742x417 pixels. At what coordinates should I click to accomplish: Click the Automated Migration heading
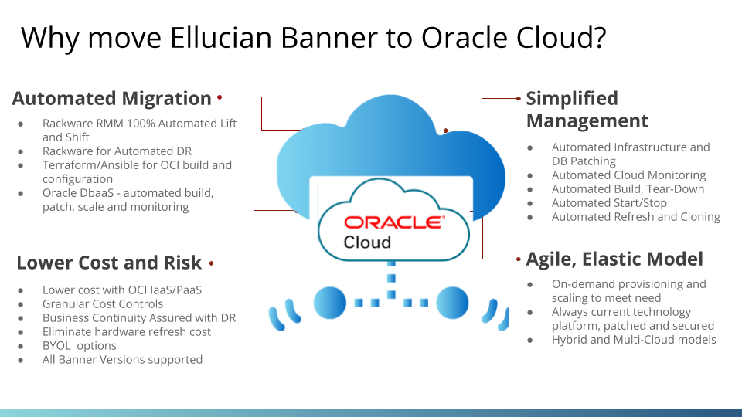[112, 99]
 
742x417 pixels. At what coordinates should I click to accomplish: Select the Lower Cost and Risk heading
[109, 263]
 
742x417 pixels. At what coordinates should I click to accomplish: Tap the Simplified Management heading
[587, 110]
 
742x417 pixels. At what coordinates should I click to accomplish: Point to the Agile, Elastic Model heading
[614, 259]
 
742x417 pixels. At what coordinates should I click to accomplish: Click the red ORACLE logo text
[393, 223]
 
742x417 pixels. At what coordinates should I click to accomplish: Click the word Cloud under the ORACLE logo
[367, 242]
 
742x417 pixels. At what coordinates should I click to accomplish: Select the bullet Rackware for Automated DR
[117, 151]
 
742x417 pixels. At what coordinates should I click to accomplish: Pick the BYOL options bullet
[79, 346]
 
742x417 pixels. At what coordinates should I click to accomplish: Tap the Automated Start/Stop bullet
[609, 203]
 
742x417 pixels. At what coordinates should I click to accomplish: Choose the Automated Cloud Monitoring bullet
[628, 175]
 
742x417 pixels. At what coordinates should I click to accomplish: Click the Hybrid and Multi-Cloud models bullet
[634, 340]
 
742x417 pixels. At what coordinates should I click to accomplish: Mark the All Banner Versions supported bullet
[122, 360]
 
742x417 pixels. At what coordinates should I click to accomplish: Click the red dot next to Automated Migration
[220, 97]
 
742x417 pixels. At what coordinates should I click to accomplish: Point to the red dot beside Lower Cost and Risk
[212, 263]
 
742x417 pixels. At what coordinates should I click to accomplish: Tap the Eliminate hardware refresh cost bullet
[127, 332]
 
